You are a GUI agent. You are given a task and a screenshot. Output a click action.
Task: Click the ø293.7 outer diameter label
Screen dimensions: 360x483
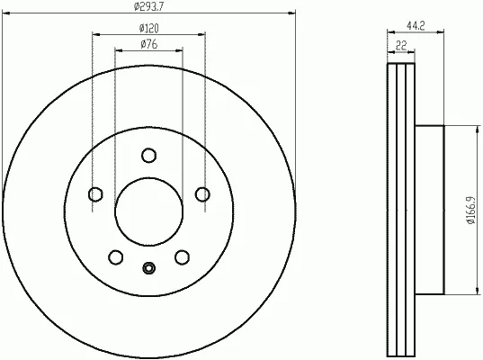(x=148, y=7)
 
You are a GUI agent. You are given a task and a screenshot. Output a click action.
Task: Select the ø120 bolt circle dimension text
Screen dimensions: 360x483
(x=148, y=29)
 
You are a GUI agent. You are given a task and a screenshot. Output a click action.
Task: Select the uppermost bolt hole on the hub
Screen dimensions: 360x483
(x=148, y=157)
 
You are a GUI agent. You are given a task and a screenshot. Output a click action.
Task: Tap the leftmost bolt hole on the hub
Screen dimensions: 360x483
(x=95, y=194)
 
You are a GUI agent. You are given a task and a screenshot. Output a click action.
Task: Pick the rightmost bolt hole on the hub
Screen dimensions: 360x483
(x=202, y=194)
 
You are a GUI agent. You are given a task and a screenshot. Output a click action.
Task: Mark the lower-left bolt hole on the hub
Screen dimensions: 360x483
(x=116, y=257)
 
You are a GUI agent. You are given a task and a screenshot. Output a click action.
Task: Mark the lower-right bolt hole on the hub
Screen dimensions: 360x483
(x=182, y=257)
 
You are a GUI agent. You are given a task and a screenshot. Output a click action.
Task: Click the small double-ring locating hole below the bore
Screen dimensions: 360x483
(x=148, y=266)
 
